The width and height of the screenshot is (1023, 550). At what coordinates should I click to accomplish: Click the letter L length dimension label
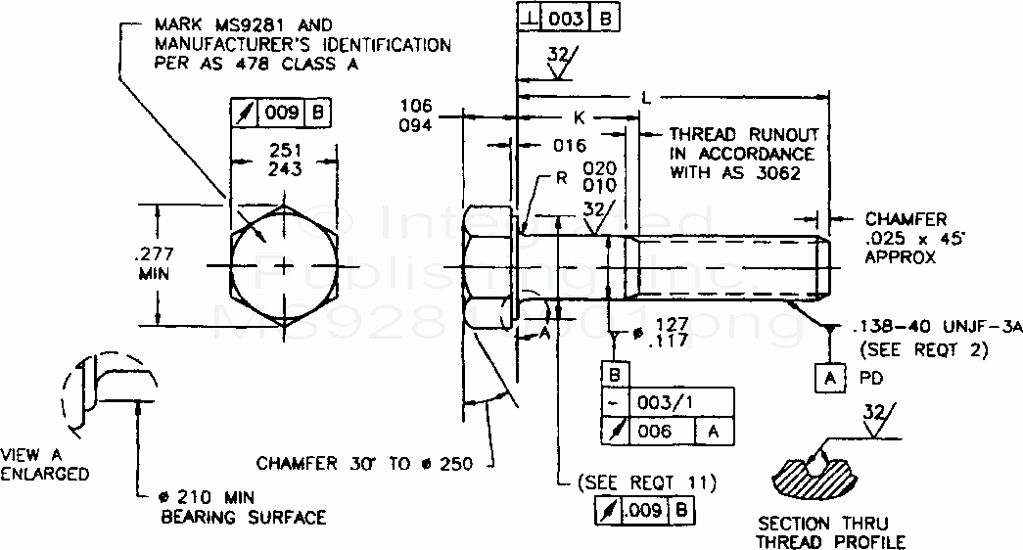pyautogui.click(x=645, y=97)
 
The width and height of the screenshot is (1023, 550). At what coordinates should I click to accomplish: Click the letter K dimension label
pyautogui.click(x=580, y=117)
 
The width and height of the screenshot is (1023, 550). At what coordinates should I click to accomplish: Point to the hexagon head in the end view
pyautogui.click(x=284, y=266)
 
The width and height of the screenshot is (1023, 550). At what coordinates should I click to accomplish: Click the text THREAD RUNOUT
pyautogui.click(x=744, y=134)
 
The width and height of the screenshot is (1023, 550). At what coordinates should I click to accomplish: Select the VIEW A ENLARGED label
pyautogui.click(x=45, y=465)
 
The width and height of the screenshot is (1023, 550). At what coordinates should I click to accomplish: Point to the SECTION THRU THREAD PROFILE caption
pyautogui.click(x=831, y=533)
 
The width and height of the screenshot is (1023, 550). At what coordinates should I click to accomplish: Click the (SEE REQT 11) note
pyautogui.click(x=646, y=481)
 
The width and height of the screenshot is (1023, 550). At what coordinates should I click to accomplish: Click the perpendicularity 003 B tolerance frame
pyautogui.click(x=567, y=18)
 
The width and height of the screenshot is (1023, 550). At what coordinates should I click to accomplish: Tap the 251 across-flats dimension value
pyautogui.click(x=284, y=150)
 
